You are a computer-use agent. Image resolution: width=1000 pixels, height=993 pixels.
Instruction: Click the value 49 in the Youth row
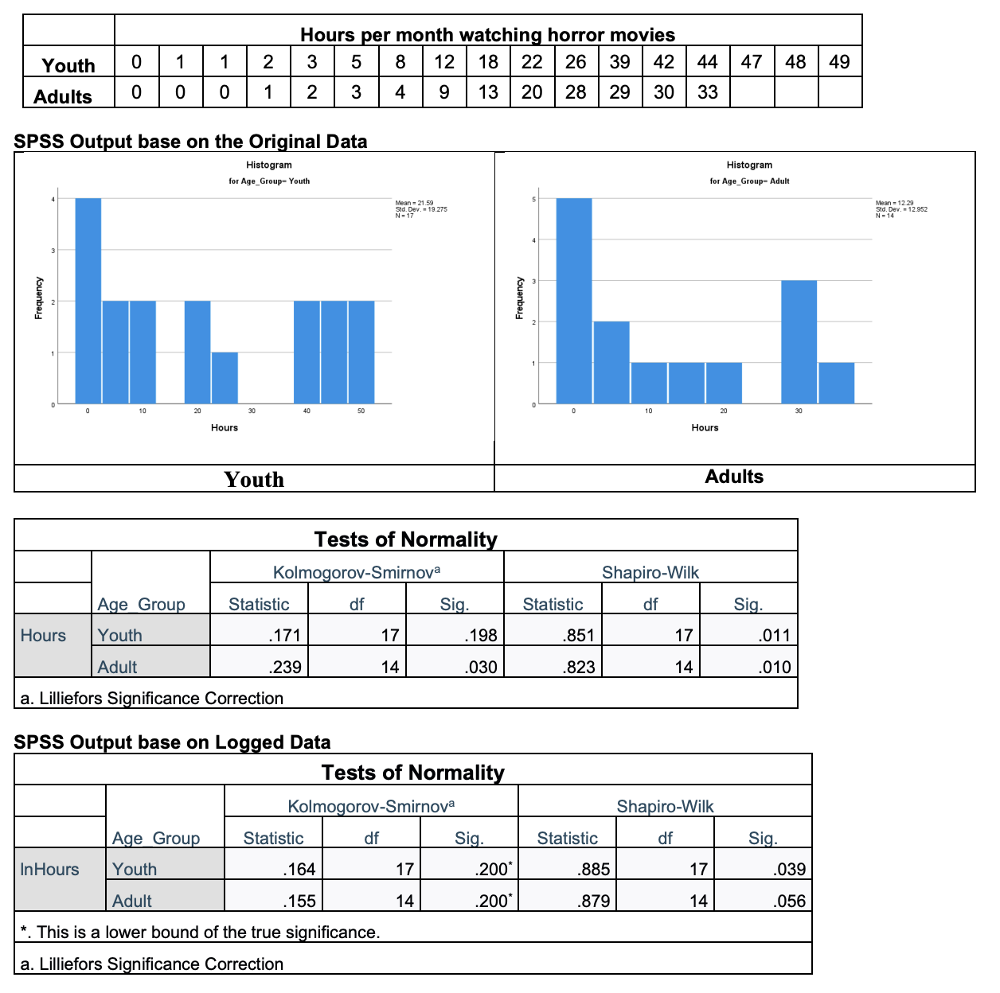pos(839,62)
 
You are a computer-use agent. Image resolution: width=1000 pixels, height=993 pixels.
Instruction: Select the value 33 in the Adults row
pos(707,92)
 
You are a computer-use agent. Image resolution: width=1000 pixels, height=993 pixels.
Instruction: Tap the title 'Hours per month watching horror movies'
pos(487,35)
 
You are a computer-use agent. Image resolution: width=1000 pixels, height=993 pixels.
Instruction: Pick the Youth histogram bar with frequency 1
pos(225,377)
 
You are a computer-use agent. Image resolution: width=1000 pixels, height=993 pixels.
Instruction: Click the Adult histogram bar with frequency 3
pos(799,342)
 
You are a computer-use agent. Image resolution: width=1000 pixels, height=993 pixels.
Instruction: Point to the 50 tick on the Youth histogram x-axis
pos(361,411)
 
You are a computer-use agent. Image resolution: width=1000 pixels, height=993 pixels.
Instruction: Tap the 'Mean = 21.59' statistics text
pos(414,203)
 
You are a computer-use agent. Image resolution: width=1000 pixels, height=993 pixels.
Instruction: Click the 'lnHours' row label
pos(49,869)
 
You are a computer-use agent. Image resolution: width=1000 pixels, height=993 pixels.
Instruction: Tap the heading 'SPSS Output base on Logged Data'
pos(172,742)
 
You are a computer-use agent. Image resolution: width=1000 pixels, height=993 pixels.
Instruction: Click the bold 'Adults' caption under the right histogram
pos(734,477)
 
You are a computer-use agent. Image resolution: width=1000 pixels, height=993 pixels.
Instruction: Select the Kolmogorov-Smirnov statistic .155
pos(299,901)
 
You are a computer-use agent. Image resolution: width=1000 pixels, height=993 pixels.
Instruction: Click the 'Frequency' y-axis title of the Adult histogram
pos(519,298)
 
